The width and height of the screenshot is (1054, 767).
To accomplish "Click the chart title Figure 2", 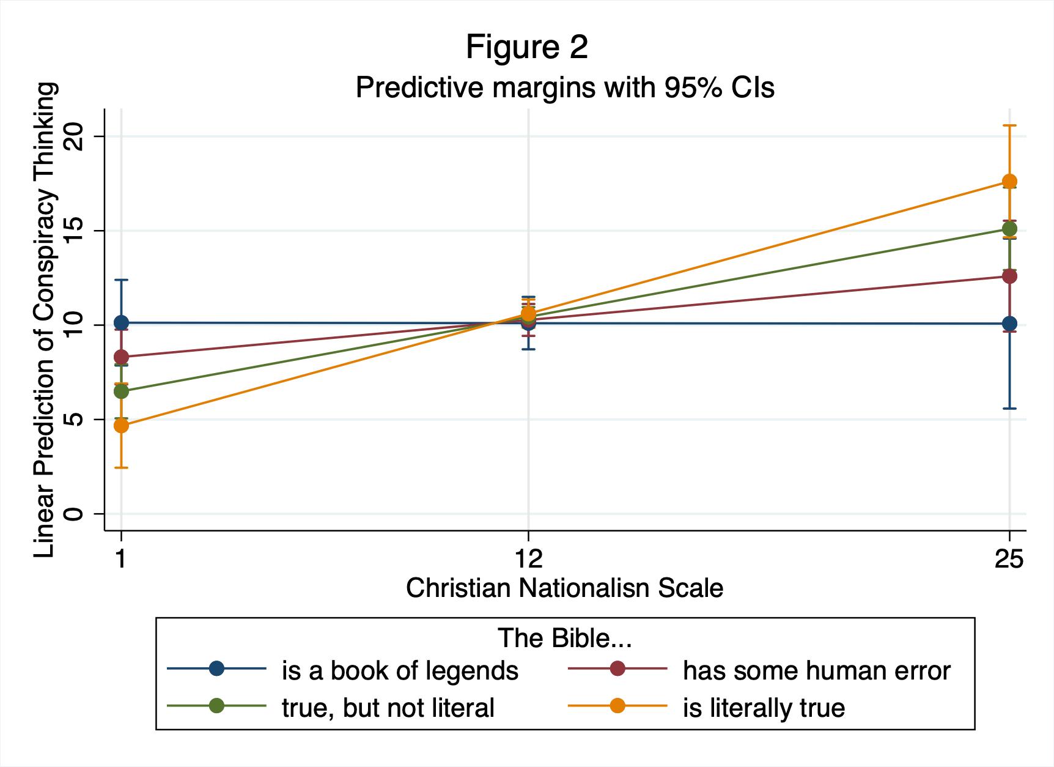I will pyautogui.click(x=526, y=47).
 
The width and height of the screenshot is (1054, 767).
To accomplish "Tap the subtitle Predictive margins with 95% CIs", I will pyautogui.click(x=564, y=87).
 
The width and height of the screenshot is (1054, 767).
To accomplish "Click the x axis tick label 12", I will pyautogui.click(x=528, y=559).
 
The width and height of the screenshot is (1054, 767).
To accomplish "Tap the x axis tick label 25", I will pyautogui.click(x=1009, y=559).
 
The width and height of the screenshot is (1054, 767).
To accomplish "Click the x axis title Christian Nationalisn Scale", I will pyautogui.click(x=564, y=588).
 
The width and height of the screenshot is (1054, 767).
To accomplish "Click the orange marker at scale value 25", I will pyautogui.click(x=1009, y=181).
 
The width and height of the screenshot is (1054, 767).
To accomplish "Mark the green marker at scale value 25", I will pyautogui.click(x=1009, y=229).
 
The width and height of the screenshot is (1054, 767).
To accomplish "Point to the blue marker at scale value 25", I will pyautogui.click(x=1009, y=324).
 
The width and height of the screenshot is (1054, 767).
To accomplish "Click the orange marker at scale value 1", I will pyautogui.click(x=121, y=426).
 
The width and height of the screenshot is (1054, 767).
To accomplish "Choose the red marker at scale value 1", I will pyautogui.click(x=121, y=357).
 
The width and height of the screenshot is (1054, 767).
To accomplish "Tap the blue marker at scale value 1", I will pyautogui.click(x=121, y=322).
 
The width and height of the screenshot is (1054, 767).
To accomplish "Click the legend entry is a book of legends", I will pyautogui.click(x=399, y=671).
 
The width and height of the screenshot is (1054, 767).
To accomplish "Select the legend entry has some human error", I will pyautogui.click(x=816, y=671).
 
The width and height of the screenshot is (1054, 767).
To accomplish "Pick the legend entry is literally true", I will pyautogui.click(x=764, y=708).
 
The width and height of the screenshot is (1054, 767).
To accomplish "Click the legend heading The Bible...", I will pyautogui.click(x=564, y=638).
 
